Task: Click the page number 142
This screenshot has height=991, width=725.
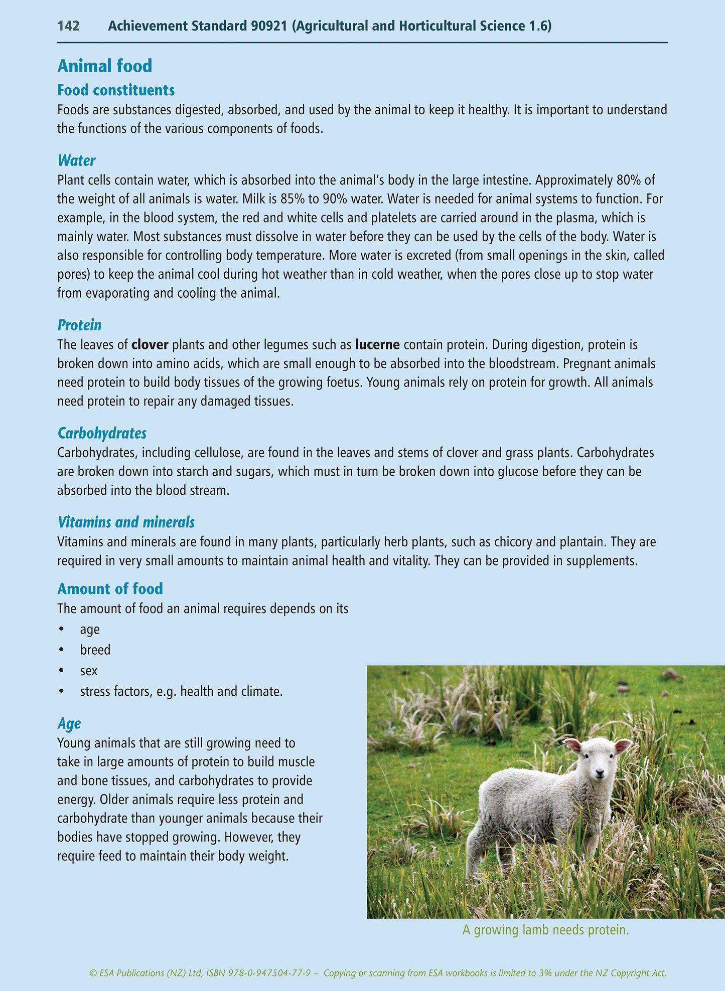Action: click(69, 26)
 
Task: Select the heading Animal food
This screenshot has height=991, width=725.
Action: click(104, 66)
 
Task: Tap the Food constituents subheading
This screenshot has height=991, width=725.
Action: click(116, 90)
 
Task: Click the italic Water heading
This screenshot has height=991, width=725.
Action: click(76, 160)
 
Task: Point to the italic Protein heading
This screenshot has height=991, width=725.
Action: click(79, 325)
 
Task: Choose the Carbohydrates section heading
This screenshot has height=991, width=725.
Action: click(102, 433)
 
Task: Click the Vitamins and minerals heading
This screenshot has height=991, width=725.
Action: click(126, 522)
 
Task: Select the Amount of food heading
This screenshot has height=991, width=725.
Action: click(110, 588)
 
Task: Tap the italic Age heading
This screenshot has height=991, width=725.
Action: click(69, 723)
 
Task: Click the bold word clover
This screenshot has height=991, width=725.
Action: click(150, 345)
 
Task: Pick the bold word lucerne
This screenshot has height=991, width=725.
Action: click(377, 345)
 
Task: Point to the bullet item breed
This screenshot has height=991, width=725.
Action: click(95, 650)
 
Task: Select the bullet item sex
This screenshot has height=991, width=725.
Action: click(89, 671)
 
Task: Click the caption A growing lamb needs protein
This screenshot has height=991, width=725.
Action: click(545, 930)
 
